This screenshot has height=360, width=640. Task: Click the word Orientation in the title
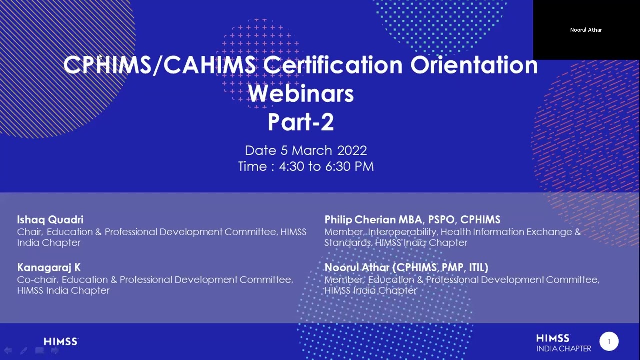click(474, 65)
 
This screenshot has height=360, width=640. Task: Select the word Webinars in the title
click(301, 94)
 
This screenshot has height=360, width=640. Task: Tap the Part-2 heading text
click(301, 122)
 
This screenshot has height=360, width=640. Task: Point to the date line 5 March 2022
click(306, 150)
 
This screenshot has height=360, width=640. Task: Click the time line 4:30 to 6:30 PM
click(306, 167)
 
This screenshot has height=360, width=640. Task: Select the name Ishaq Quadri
click(50, 220)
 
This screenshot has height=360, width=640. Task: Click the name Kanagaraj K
click(49, 267)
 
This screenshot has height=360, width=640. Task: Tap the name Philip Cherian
click(360, 220)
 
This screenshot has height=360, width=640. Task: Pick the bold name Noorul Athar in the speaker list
click(357, 267)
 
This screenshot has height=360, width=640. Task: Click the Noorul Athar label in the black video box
click(586, 30)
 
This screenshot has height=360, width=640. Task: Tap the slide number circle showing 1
click(609, 341)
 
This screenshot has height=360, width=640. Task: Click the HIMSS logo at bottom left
click(61, 342)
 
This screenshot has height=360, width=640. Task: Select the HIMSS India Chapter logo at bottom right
click(563, 343)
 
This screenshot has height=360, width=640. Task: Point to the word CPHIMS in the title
click(106, 65)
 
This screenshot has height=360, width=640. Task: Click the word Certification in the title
click(333, 65)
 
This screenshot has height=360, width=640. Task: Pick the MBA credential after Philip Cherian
click(410, 220)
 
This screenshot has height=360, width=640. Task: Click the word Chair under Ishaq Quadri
click(30, 232)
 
